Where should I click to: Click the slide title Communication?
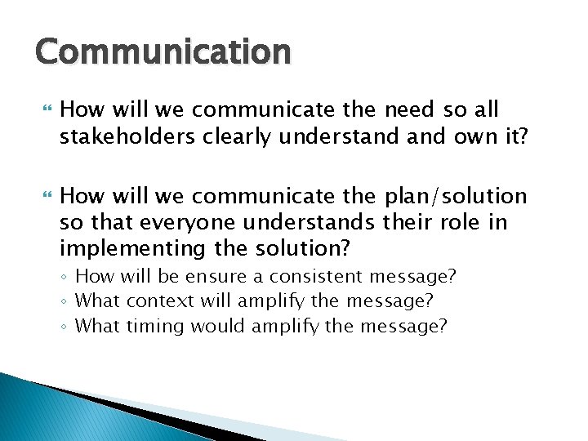pos(163,51)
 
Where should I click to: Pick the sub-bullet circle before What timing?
pos(65,327)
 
